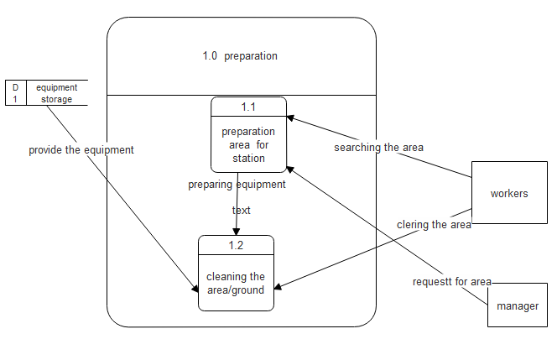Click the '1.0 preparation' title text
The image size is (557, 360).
click(x=240, y=56)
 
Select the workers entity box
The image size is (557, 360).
click(x=509, y=193)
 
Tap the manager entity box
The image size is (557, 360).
click(x=518, y=306)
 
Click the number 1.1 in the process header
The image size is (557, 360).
click(x=248, y=107)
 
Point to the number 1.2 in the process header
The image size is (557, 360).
click(x=236, y=245)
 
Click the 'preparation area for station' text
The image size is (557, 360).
click(x=248, y=144)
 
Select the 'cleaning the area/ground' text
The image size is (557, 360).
click(x=236, y=283)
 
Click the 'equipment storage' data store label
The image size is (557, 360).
click(x=56, y=93)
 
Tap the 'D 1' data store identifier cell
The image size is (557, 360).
click(x=15, y=93)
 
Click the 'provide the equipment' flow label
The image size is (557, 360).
click(x=81, y=150)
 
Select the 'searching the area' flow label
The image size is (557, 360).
click(x=378, y=148)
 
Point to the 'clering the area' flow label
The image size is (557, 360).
click(x=434, y=224)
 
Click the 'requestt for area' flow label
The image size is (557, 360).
click(x=451, y=281)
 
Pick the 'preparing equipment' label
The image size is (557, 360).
click(x=237, y=185)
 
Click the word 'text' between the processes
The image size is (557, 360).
click(x=242, y=210)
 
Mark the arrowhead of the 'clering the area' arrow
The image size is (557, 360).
click(x=279, y=287)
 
